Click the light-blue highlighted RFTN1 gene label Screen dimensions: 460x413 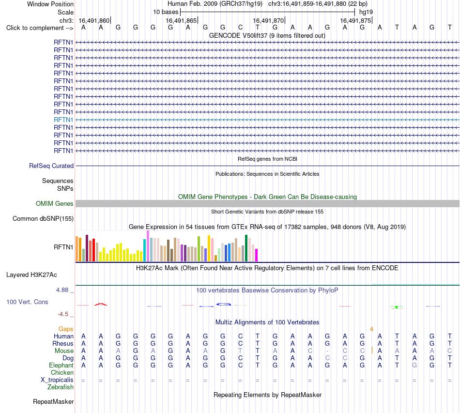(63, 120)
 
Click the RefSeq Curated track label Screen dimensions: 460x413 (51, 166)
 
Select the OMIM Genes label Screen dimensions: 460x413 (55, 203)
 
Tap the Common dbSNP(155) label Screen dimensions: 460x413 (43, 218)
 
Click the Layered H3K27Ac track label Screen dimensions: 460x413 (31, 275)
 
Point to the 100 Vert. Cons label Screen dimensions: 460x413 (27, 302)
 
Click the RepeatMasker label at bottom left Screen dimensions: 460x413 (53, 401)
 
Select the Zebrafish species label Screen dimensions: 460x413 (61, 387)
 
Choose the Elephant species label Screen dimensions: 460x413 (61, 365)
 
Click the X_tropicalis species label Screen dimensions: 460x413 (57, 380)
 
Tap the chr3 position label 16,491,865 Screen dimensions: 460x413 (181, 20)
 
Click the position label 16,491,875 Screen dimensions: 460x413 (355, 20)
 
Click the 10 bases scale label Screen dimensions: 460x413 (166, 12)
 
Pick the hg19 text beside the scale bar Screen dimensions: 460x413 (366, 12)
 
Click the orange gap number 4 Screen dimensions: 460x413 (371, 329)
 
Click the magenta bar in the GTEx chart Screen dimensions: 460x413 (257, 255)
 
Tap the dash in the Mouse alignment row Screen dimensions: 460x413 (327, 351)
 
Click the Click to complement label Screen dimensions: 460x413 (40, 28)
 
